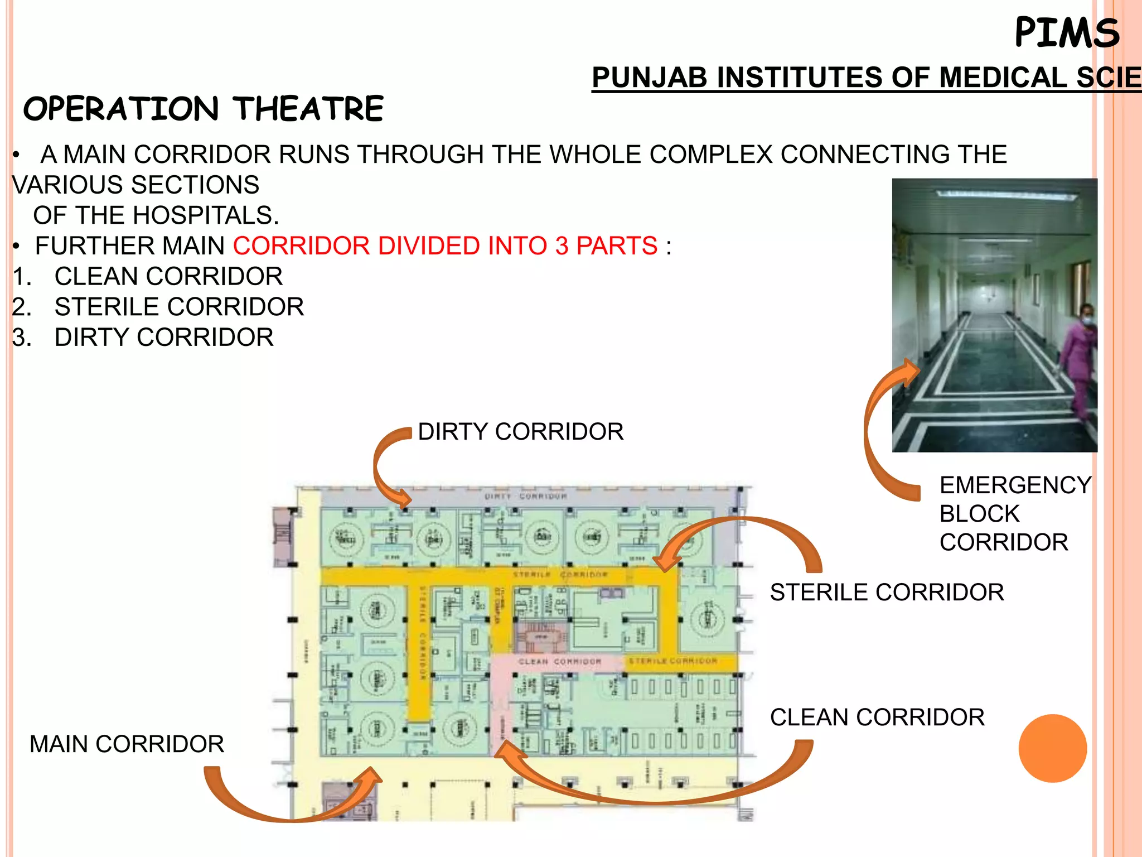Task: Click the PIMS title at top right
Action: coord(1067,33)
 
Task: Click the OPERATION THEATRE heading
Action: coord(204,108)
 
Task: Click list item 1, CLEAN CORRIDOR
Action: coord(168,277)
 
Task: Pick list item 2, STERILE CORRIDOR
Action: coord(179,307)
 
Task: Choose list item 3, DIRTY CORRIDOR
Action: coord(164,338)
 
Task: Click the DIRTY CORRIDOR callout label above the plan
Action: coord(520,432)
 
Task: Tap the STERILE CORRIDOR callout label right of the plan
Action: coord(887,593)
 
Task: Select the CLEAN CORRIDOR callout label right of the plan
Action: coord(877,718)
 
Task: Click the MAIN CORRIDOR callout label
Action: coord(127,744)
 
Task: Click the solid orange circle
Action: coord(1052,748)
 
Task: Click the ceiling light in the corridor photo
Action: coord(1006,195)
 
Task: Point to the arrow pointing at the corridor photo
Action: coord(881,430)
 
